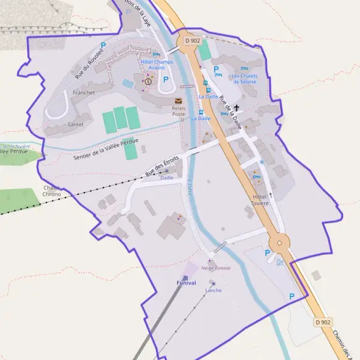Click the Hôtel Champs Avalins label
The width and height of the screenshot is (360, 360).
pyautogui.click(x=156, y=64)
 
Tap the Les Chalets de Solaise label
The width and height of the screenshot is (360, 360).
pyautogui.click(x=244, y=79)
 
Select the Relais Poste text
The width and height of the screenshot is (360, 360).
pyautogui.click(x=179, y=111)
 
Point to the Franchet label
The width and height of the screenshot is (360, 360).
pyautogui.click(x=83, y=93)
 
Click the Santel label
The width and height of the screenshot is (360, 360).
pyautogui.click(x=76, y=124)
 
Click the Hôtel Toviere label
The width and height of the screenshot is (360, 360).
pyautogui.click(x=260, y=200)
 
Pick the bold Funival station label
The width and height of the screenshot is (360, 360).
pyautogui.click(x=186, y=283)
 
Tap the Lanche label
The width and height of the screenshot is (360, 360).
pyautogui.click(x=213, y=290)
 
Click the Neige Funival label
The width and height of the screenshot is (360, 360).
pyautogui.click(x=216, y=268)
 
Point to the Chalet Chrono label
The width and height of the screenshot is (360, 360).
pyautogui.click(x=52, y=191)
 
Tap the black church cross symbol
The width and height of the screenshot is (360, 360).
pyautogui.click(x=237, y=109)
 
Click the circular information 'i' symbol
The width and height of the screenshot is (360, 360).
pyautogui.click(x=148, y=81)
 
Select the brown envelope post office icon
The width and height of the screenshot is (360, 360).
pyautogui.click(x=178, y=101)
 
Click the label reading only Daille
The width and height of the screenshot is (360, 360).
pyautogui.click(x=166, y=178)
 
